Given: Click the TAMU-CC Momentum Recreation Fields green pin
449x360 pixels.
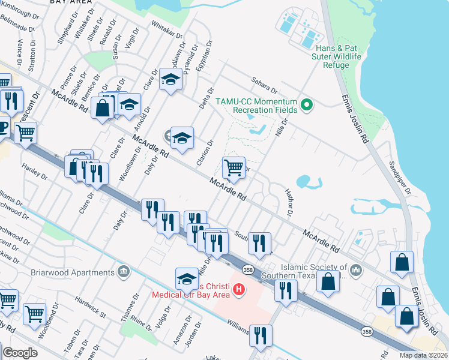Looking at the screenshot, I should coord(307,104).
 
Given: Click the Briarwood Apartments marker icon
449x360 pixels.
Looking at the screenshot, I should coord(124,270).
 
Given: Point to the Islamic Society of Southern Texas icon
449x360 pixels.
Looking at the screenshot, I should coord(356,270).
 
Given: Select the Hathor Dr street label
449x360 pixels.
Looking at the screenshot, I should coord(289,200).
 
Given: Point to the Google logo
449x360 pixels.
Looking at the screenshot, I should coord(20,353).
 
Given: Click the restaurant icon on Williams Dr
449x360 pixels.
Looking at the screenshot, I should coord(261,336).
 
